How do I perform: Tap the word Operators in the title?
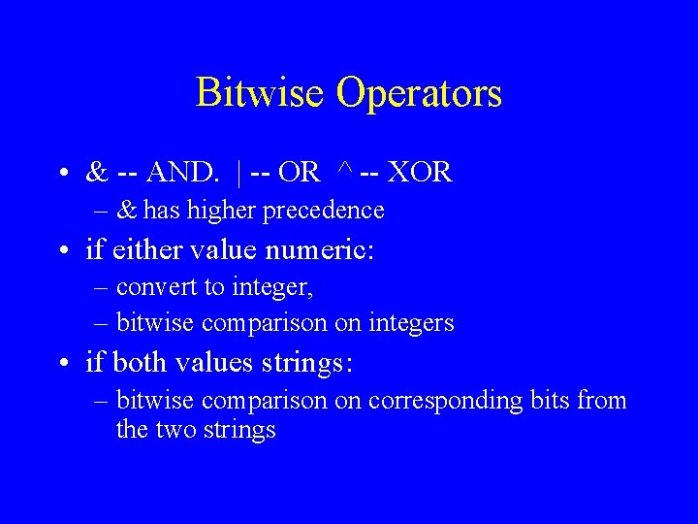[419, 93]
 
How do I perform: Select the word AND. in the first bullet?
[183, 173]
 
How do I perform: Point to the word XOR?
[419, 173]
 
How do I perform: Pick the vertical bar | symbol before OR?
[238, 173]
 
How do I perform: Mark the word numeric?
[324, 250]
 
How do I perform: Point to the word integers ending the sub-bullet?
[411, 323]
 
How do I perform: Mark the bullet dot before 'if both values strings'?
[61, 365]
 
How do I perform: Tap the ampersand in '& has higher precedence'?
[126, 210]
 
